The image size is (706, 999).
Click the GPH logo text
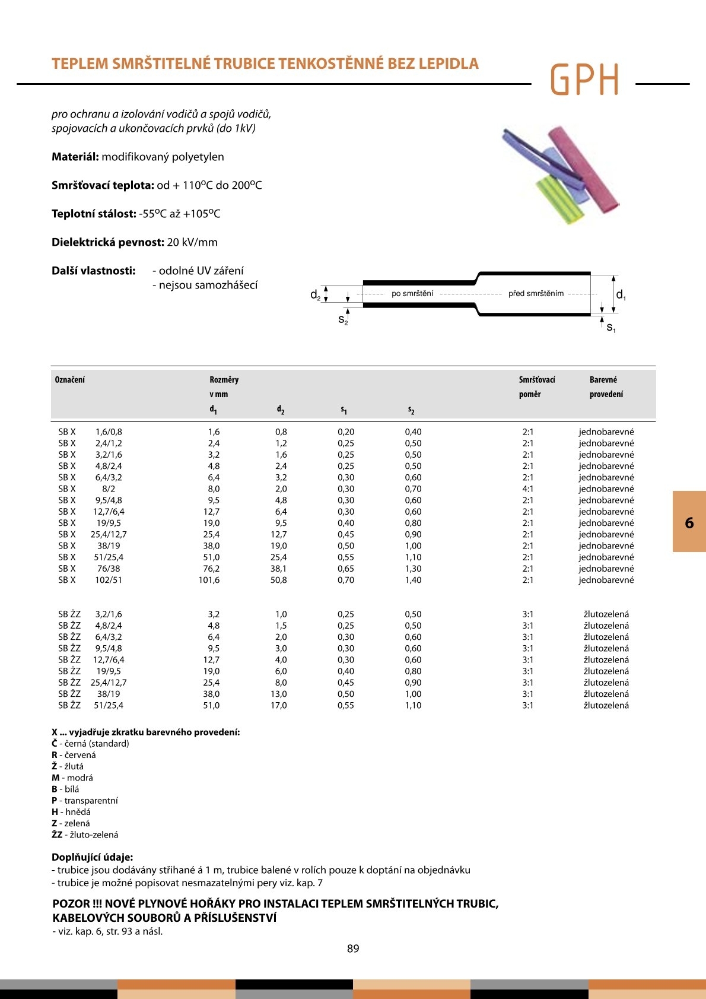click(x=584, y=80)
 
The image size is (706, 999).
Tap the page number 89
click(x=353, y=949)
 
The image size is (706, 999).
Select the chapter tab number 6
click(x=689, y=522)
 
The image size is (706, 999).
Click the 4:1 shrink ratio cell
click(x=527, y=489)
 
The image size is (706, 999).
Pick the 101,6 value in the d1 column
click(x=209, y=580)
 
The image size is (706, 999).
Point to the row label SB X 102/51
click(x=90, y=580)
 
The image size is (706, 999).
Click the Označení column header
click(x=69, y=380)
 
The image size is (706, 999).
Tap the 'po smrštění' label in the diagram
click(x=412, y=293)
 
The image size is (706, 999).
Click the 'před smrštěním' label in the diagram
click(x=536, y=293)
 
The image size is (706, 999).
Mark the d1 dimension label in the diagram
click(x=621, y=295)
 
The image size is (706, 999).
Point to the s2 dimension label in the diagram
click(x=343, y=320)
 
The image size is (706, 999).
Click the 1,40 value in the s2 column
click(x=413, y=580)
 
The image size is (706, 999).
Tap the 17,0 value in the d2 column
click(x=278, y=705)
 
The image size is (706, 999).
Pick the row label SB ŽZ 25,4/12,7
click(x=93, y=683)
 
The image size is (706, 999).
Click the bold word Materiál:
click(x=75, y=157)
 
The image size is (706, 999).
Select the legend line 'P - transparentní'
click(x=85, y=800)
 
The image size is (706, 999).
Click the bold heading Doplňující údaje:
click(x=93, y=857)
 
